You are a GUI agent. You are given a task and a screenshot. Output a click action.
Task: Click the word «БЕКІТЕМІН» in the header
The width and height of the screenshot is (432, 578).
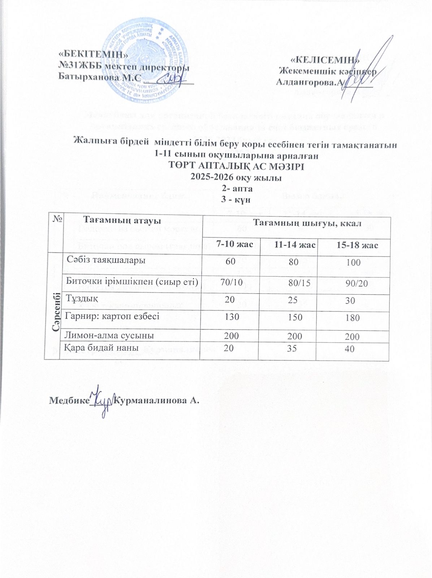point(93,54)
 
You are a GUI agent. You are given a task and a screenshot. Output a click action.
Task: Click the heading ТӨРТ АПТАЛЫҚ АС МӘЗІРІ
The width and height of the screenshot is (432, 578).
point(237,167)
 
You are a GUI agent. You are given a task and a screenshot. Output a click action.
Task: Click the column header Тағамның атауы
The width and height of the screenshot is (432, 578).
point(122,219)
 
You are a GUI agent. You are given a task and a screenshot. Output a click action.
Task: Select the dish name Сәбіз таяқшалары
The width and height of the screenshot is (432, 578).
point(105,260)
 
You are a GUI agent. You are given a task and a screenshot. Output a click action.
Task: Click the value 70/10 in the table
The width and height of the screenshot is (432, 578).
point(231,282)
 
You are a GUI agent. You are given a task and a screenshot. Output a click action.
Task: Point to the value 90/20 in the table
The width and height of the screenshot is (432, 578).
point(357,284)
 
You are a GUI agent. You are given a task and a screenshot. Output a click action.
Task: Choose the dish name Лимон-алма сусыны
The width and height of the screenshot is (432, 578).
point(109,335)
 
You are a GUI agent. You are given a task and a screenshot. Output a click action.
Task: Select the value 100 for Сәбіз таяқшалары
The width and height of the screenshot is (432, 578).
point(353,263)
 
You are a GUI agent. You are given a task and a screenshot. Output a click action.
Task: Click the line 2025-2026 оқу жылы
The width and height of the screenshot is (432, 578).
point(236,177)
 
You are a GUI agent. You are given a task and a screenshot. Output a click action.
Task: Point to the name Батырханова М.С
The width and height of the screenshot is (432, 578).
point(97,77)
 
